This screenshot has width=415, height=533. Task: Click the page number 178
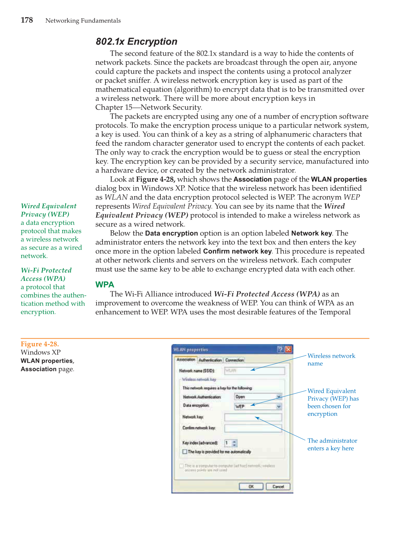[x=27, y=20]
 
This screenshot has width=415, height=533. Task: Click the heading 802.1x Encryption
[x=136, y=41]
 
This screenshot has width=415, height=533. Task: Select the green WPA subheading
[x=105, y=284]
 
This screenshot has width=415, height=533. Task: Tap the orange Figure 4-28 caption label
[x=40, y=344]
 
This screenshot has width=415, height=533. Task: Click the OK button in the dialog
[x=251, y=487]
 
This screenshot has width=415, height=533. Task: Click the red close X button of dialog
[x=289, y=349]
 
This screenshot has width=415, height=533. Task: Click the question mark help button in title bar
[x=280, y=349]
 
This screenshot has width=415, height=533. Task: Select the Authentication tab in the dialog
[x=210, y=360]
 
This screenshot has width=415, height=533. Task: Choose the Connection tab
[x=234, y=360]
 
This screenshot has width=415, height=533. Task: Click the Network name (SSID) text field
[x=254, y=371]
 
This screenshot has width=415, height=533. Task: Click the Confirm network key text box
[x=253, y=428]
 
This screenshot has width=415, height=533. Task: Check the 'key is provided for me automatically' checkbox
[x=185, y=452]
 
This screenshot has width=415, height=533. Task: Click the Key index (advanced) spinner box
[x=231, y=443]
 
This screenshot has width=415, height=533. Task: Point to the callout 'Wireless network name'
[x=331, y=359]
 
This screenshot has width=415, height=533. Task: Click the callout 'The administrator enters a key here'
[x=332, y=444]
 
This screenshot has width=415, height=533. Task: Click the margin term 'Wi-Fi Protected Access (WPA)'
[x=46, y=274]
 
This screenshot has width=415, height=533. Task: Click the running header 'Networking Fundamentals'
[x=83, y=20]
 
